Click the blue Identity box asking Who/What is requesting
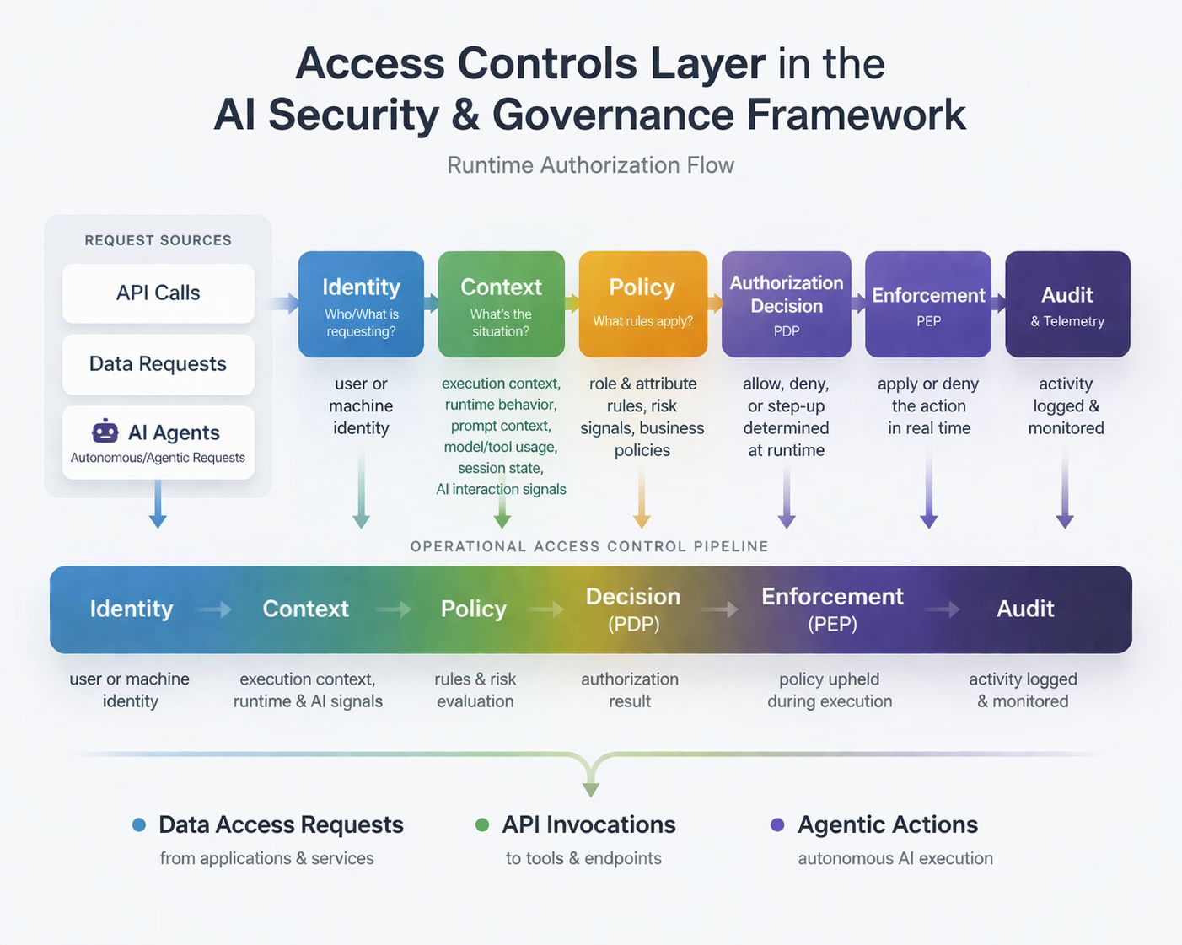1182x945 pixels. tap(361, 304)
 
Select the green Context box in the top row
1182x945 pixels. tap(501, 304)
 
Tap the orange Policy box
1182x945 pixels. tap(642, 304)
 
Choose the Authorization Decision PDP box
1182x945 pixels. tap(786, 304)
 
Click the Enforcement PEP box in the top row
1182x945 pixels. tap(927, 304)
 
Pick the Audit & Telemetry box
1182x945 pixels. tap(1067, 304)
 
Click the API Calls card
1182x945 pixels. tap(158, 293)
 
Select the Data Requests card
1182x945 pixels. tap(158, 364)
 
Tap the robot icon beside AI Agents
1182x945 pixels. tap(105, 432)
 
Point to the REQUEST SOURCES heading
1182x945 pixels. tap(158, 240)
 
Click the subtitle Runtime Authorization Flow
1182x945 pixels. tap(590, 165)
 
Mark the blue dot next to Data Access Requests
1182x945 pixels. tap(139, 824)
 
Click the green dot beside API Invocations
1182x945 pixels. tap(482, 824)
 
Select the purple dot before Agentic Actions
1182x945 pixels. tap(777, 824)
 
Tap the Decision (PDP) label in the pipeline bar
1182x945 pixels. tap(633, 609)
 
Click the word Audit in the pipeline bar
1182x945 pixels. tap(1025, 609)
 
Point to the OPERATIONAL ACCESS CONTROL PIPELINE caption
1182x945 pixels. tap(589, 546)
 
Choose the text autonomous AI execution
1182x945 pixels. tap(895, 858)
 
